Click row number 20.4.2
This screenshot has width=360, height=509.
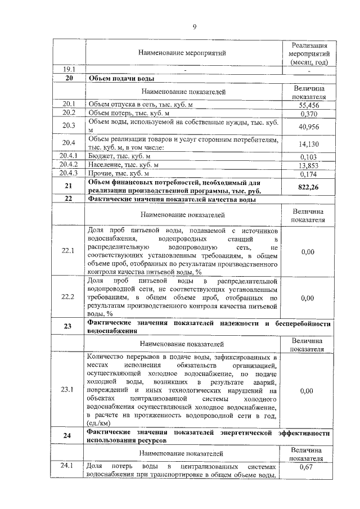(x=69, y=165)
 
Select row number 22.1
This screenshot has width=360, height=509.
(x=69, y=251)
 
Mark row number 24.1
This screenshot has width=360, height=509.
(x=69, y=466)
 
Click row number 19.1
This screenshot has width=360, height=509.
(x=69, y=69)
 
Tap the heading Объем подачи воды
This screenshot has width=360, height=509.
(x=122, y=79)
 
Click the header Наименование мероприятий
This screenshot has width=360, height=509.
(x=182, y=53)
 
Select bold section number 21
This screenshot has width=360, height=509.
(x=69, y=186)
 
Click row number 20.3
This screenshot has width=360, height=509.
(x=69, y=126)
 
